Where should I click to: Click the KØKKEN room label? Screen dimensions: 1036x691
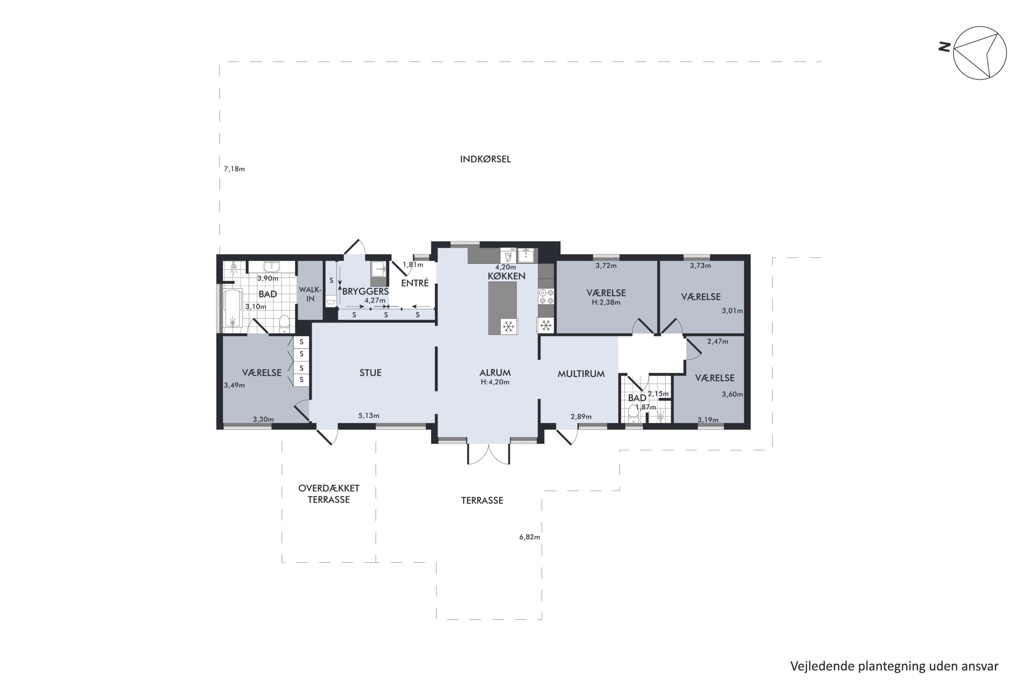[506, 276]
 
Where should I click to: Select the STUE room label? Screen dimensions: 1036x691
[371, 373]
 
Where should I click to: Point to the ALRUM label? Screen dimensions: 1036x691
[495, 373]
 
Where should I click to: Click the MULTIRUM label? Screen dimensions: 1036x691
[581, 374]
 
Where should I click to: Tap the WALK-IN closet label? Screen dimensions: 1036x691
[310, 294]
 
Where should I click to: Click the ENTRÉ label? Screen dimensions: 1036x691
[415, 283]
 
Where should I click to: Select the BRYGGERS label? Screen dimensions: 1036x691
[366, 291]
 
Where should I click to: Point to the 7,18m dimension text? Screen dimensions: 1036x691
[234, 169]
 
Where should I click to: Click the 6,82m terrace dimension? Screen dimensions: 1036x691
[529, 537]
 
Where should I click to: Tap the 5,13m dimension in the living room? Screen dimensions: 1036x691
[369, 416]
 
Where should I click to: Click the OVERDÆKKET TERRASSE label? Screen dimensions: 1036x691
[329, 494]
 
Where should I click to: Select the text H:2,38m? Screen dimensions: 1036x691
[606, 302]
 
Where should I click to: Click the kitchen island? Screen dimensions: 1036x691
[502, 308]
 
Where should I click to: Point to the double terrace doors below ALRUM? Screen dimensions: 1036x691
[489, 454]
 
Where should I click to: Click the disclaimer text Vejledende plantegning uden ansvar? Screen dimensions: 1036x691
[894, 666]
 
